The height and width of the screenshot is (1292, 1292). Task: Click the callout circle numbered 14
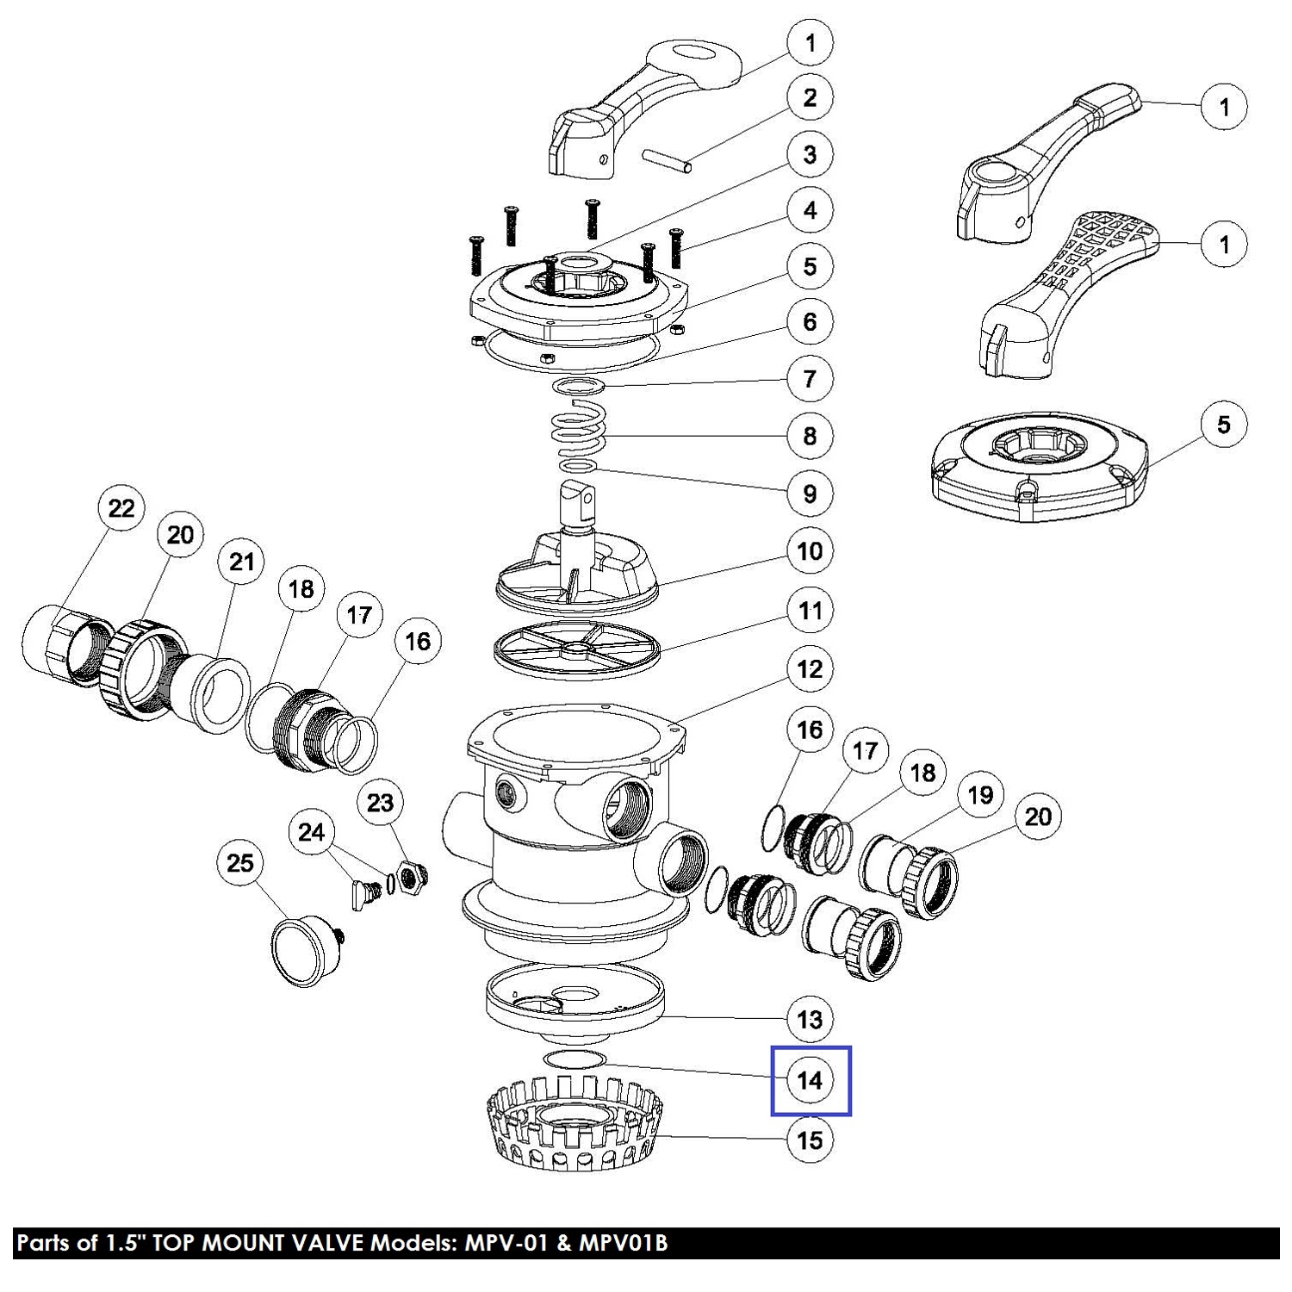tap(810, 1080)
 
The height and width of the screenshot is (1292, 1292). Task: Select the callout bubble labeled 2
tap(810, 97)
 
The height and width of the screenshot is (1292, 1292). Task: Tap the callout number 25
tap(240, 862)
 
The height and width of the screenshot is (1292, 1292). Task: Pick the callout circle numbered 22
tap(121, 507)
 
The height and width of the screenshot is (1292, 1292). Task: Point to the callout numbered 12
tap(810, 669)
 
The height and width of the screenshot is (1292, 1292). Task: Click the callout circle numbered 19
tap(980, 795)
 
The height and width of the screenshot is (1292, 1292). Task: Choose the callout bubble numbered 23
tap(380, 803)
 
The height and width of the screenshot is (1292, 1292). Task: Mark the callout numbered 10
tap(810, 551)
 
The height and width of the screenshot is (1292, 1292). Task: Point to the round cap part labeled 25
tap(300, 949)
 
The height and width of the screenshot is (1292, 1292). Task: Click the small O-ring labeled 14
tap(575, 1058)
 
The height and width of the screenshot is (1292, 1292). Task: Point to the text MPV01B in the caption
tap(623, 1243)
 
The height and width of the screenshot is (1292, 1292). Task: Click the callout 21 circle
tap(241, 562)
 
